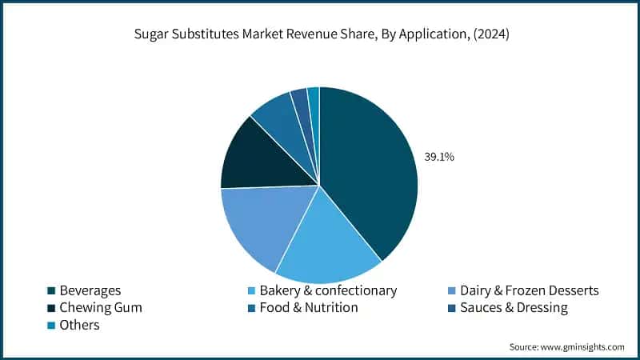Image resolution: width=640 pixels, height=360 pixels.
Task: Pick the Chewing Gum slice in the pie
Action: click(256, 156)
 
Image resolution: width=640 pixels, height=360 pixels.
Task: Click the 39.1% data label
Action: click(438, 158)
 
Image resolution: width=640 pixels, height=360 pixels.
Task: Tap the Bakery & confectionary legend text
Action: click(328, 290)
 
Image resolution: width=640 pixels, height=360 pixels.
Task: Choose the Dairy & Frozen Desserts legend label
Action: click(530, 290)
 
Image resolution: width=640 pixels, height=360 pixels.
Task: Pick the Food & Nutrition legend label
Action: click(309, 307)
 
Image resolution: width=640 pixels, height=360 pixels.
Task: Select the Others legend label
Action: click(79, 324)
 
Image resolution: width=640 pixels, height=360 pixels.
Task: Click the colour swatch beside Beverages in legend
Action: click(51, 291)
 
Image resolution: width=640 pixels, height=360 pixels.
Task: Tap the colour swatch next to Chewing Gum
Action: click(51, 308)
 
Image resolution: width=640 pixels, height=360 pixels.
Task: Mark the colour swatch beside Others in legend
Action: click(51, 325)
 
